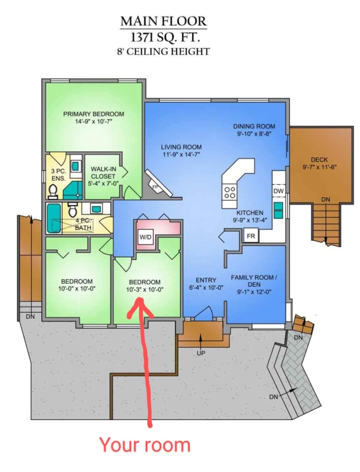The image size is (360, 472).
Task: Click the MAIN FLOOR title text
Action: click(163, 21)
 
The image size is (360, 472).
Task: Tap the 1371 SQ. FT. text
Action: click(163, 37)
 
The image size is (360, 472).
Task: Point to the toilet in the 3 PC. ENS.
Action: click(53, 188)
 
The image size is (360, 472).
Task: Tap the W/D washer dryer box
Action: click(146, 237)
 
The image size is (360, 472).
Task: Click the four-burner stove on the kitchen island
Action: click(230, 192)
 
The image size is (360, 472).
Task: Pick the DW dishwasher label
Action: click(278, 191)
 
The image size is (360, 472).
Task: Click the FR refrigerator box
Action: click(250, 235)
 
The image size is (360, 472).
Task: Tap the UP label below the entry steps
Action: click(201, 353)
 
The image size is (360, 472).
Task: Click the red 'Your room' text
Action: click(145, 445)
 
